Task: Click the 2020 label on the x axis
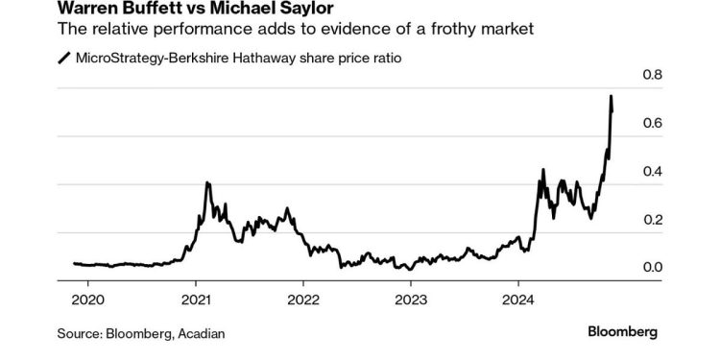coord(88,297)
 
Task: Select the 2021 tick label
coord(196,297)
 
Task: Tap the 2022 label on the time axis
coord(303,297)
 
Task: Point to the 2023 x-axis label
coord(411,297)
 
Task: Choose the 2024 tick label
coord(518,297)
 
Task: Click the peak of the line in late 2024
coord(612,97)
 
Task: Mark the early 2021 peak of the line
coord(207,182)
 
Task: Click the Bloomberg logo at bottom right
coord(622,332)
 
